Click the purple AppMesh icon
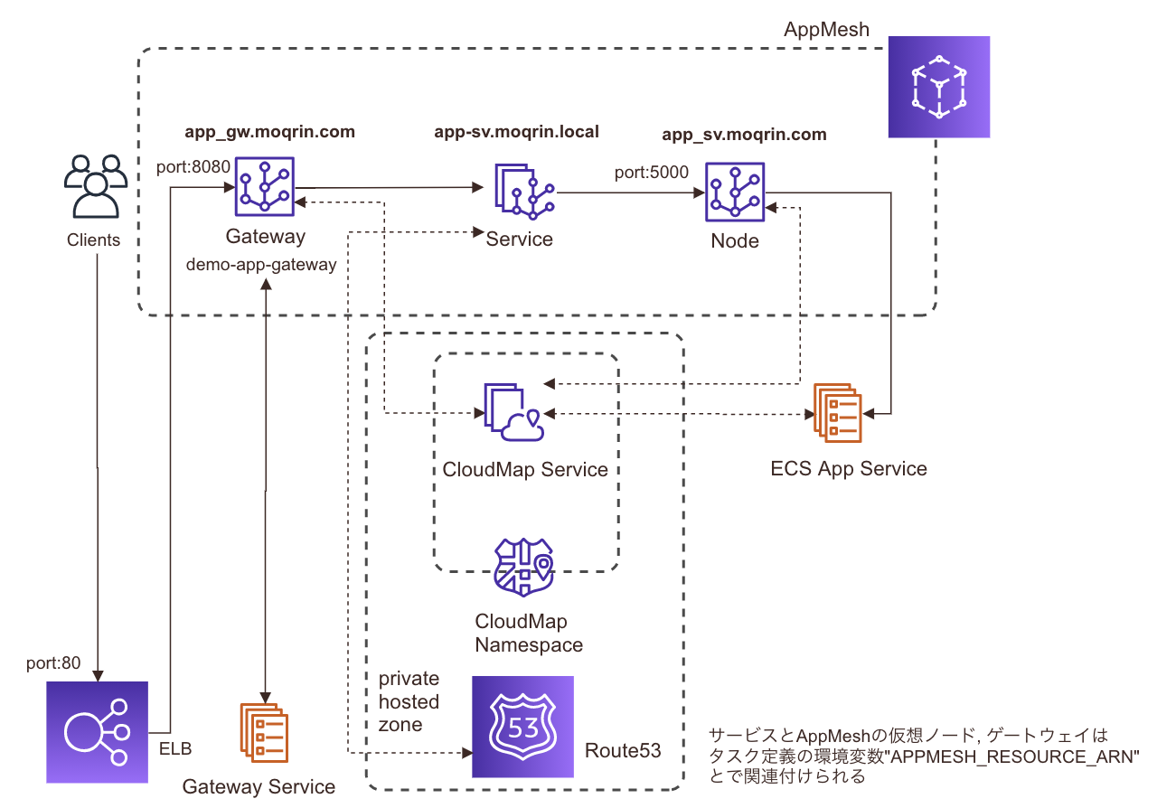click(939, 87)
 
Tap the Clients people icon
click(93, 187)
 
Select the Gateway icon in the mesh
click(265, 186)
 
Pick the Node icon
click(735, 192)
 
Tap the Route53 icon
click(522, 727)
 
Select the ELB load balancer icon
click(97, 731)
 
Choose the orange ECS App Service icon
click(837, 412)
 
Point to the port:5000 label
click(651, 172)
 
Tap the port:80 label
click(53, 662)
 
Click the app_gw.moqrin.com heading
click(269, 132)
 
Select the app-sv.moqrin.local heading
click(516, 132)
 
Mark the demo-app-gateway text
click(261, 265)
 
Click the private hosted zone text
click(409, 701)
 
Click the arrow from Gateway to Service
click(389, 188)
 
